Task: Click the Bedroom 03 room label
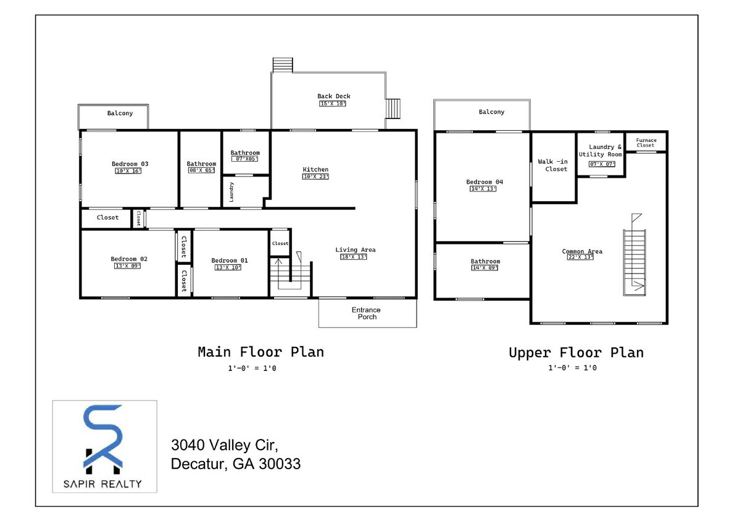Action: coord(130,164)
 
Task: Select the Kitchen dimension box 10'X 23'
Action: coord(315,177)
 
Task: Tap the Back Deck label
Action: coord(333,96)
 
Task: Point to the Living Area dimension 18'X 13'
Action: coord(355,257)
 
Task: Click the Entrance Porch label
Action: coord(367,314)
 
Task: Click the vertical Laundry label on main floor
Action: coord(231,192)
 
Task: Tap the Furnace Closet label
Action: coord(646,143)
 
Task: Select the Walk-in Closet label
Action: coord(552,165)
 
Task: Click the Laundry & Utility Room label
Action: coord(600,151)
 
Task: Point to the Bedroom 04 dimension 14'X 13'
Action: coord(484,189)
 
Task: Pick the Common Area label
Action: coord(581,251)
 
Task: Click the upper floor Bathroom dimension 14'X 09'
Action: coord(485,268)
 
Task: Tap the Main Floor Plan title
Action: coord(260,352)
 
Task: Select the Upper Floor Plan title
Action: coord(575,353)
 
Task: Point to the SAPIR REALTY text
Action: coord(104,484)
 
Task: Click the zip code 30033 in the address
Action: coord(281,464)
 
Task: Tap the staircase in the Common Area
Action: coord(634,259)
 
